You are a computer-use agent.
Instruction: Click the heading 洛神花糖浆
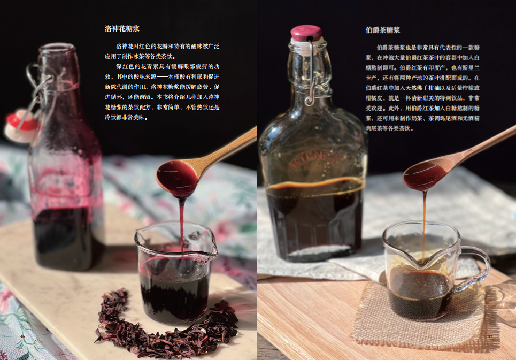[x=122, y=29]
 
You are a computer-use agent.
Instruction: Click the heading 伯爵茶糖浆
[x=383, y=30]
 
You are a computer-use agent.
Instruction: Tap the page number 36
[x=22, y=336]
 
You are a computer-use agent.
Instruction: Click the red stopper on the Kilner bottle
[x=306, y=33]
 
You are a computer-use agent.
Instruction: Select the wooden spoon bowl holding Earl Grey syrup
[x=426, y=174]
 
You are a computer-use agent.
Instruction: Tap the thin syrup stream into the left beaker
[x=182, y=225]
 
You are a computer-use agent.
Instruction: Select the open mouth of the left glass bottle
[x=56, y=48]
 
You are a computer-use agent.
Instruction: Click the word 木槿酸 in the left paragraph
[x=176, y=76]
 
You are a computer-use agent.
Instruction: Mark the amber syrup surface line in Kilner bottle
[x=315, y=185]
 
